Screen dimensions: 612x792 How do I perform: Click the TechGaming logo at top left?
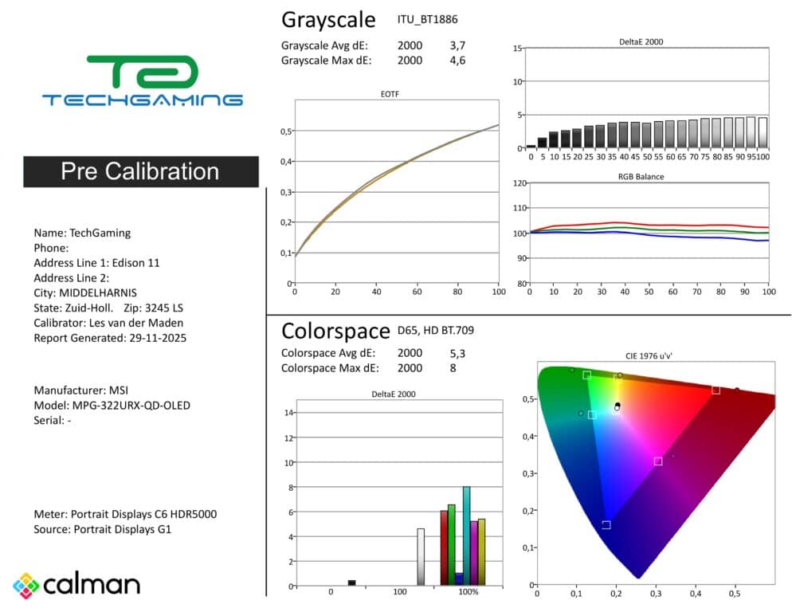tap(142, 80)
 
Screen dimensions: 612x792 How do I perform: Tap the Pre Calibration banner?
tap(140, 171)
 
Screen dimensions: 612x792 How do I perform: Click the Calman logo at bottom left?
tap(76, 585)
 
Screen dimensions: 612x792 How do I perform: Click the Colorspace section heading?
tap(335, 331)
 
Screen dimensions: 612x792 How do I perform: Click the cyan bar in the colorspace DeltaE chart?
tap(467, 535)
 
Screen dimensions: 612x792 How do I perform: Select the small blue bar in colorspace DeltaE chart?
tap(459, 579)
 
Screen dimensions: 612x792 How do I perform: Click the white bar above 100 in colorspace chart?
tap(421, 557)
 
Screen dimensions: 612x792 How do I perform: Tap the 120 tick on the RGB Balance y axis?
tap(519, 183)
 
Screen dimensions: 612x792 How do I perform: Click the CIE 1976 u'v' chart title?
tap(656, 356)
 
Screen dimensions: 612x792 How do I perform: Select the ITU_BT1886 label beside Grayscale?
tap(427, 19)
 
